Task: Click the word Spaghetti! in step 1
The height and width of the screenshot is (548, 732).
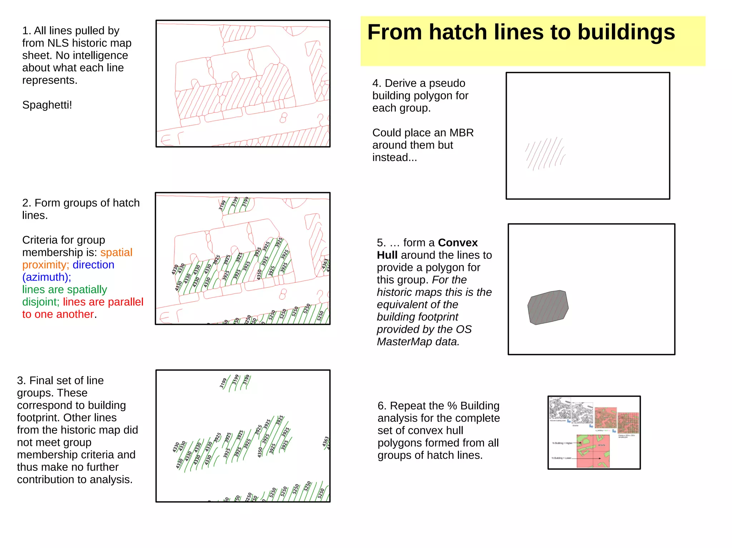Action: (x=47, y=105)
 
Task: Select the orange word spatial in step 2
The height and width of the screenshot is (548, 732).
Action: (x=116, y=252)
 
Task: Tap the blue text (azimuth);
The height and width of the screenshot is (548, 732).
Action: (x=46, y=277)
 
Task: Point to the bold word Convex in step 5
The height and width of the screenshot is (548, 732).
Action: (x=457, y=243)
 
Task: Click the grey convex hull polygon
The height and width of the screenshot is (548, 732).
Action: (x=548, y=307)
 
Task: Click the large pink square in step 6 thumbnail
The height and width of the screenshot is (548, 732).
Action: (x=593, y=451)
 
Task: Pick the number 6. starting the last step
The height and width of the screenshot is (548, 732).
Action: (x=382, y=406)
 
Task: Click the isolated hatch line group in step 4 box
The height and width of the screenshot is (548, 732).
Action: (x=545, y=154)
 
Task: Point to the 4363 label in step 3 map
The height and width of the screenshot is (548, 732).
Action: (x=325, y=441)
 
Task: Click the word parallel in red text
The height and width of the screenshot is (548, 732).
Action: (x=125, y=302)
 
